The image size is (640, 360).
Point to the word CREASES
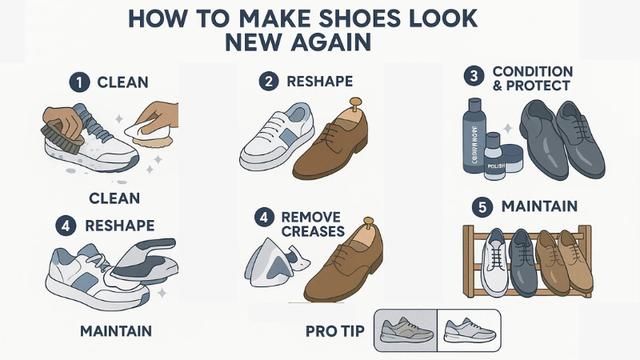313,231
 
